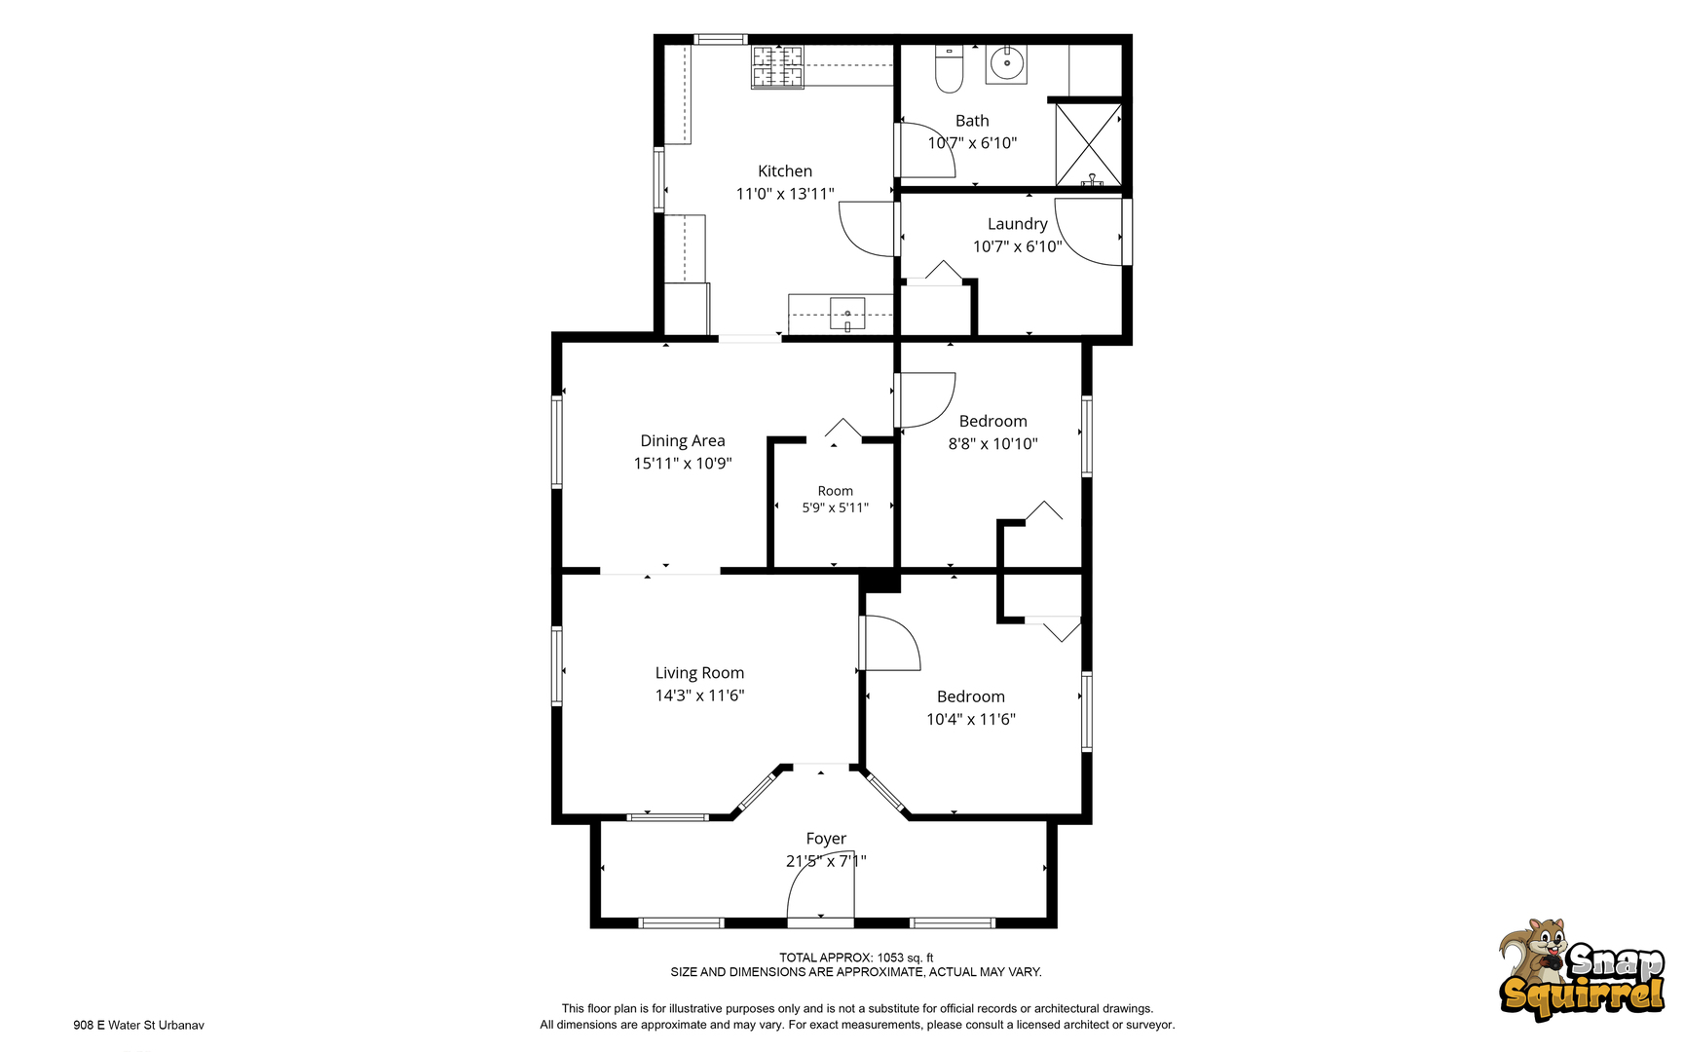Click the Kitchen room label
point(785,171)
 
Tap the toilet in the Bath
point(949,68)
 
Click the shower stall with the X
point(1089,144)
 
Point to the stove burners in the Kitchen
point(777,66)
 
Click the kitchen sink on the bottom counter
point(847,314)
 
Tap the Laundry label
point(1018,224)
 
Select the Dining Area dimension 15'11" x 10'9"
point(683,464)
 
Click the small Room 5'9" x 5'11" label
point(836,499)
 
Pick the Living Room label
point(699,673)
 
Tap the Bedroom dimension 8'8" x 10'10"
point(993,444)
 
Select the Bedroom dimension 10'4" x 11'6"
point(971,720)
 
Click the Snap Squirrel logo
point(1582,969)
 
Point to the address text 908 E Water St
point(138,1025)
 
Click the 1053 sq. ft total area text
point(905,958)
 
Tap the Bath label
point(972,121)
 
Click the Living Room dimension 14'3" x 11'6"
point(699,695)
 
